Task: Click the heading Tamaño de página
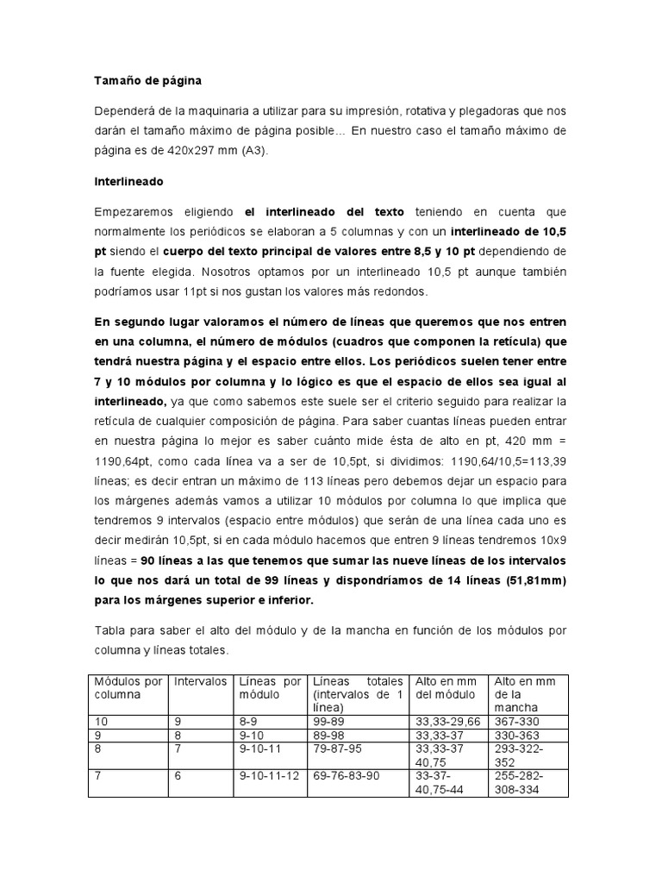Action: pos(147,81)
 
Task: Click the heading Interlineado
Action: pos(128,182)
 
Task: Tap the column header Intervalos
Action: pos(201,680)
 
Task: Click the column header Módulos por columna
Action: pos(128,686)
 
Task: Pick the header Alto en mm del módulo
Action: pos(447,686)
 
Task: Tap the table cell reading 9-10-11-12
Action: pos(269,777)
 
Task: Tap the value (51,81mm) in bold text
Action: pos(528,579)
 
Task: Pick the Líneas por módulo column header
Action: pos(270,686)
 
